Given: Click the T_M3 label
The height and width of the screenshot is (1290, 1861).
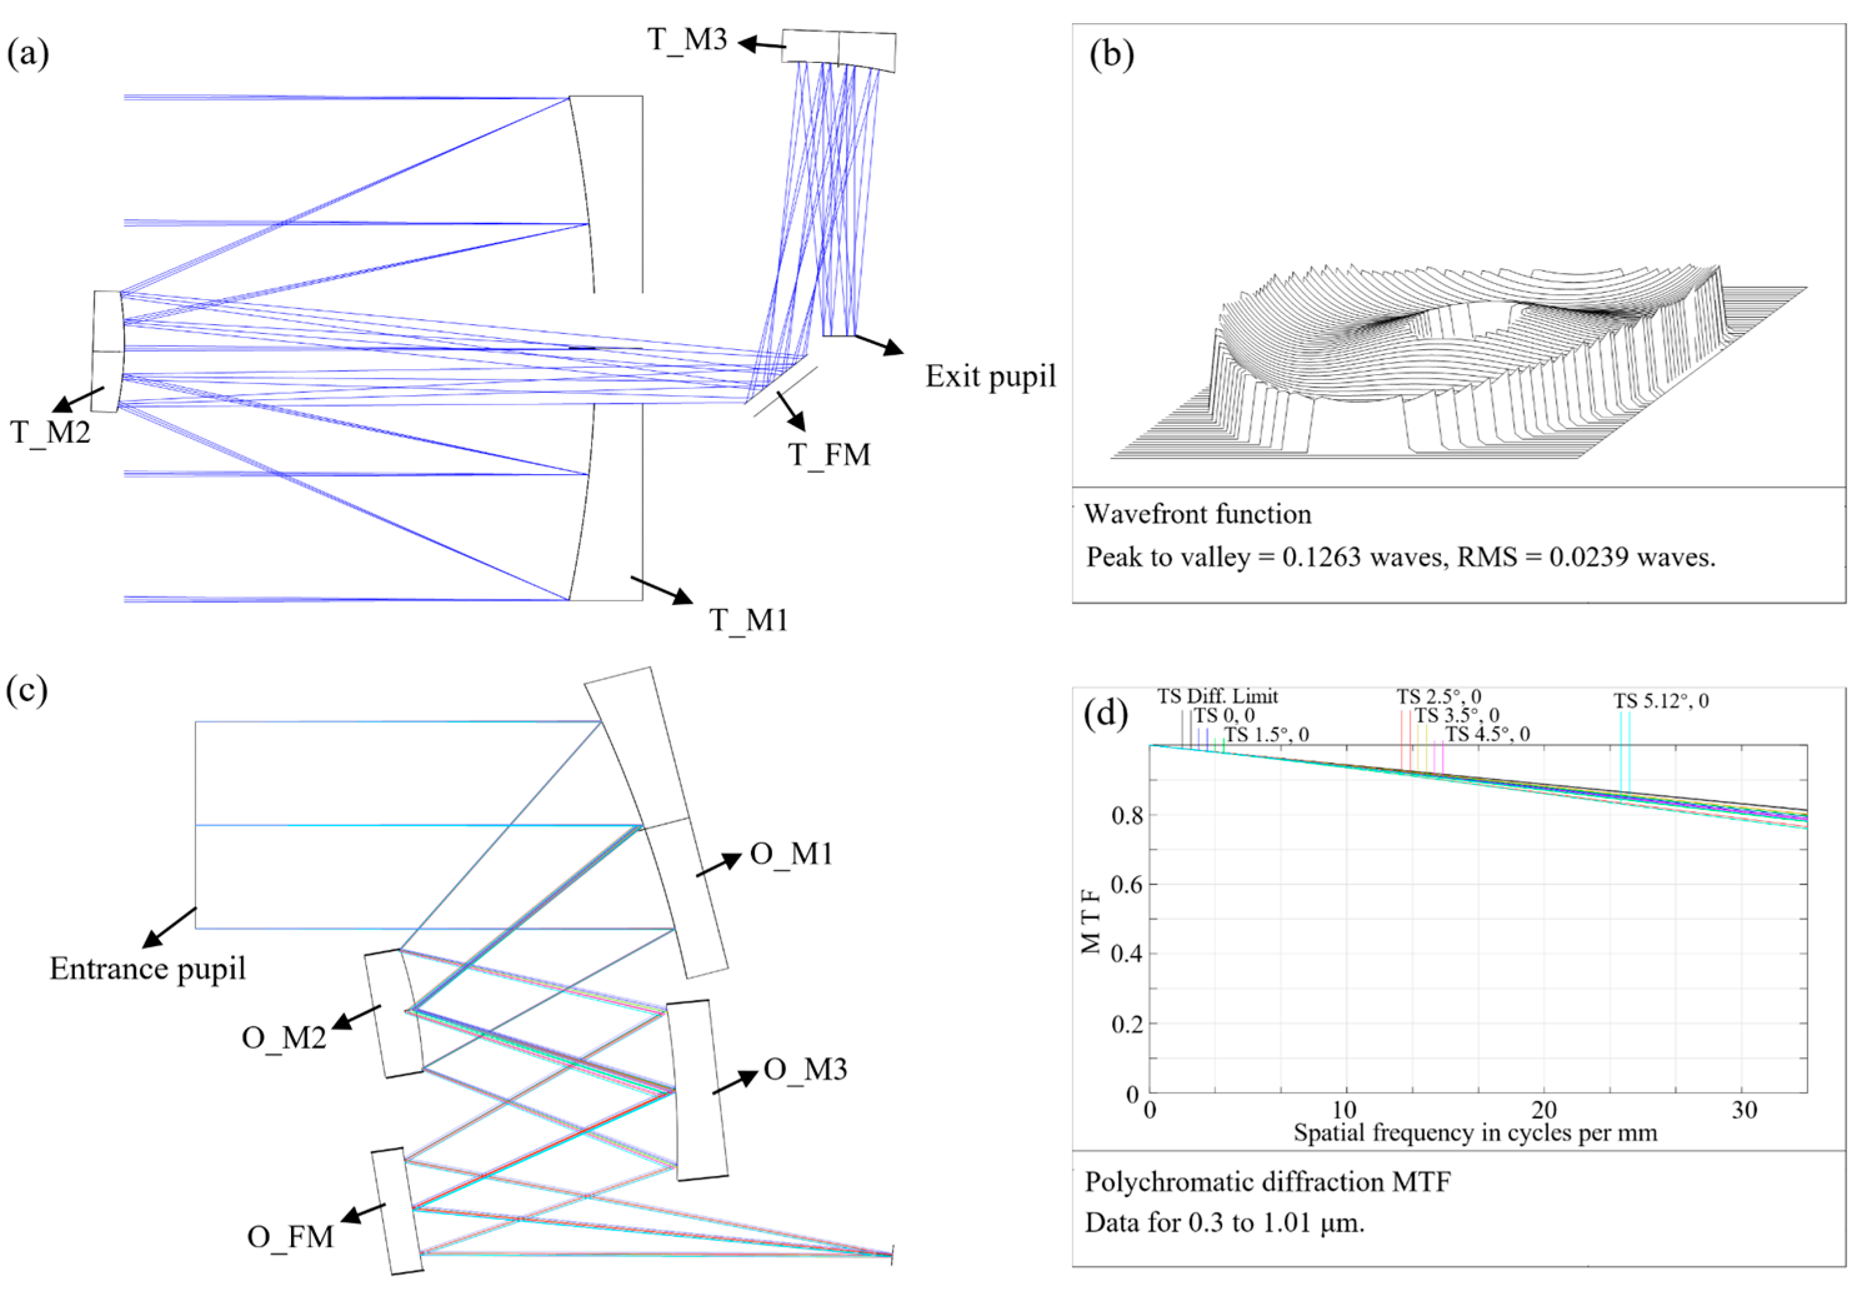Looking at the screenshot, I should coord(687,39).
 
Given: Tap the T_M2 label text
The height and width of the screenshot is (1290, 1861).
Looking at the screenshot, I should coord(50,433).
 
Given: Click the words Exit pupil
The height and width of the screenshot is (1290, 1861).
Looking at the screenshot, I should coord(990,377).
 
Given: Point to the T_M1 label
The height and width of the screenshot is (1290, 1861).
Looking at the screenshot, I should coord(748,620).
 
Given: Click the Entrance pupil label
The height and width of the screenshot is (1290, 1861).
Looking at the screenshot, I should coord(147,968).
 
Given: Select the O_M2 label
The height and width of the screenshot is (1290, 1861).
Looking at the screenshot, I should coord(284,1037).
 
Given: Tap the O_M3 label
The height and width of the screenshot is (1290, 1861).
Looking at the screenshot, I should coord(805,1070).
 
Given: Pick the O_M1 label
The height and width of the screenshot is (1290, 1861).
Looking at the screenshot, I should coord(792,854).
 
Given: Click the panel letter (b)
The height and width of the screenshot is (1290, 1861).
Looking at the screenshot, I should coord(1111,55).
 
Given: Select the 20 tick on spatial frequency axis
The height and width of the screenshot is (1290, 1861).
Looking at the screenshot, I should coord(1543,1111).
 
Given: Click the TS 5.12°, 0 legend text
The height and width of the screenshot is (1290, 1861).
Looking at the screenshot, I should coord(1661,701).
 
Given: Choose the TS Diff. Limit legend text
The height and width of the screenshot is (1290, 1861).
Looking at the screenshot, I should coord(1218,696).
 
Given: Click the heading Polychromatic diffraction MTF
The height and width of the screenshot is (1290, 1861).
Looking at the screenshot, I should coord(1267,1183).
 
